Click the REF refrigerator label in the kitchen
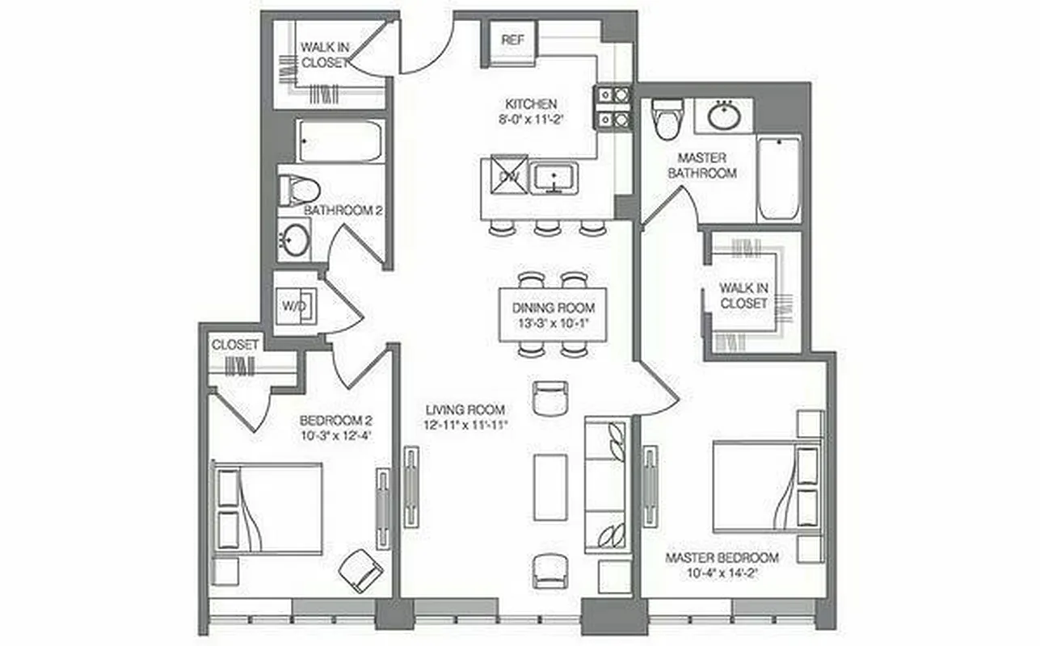pyautogui.click(x=511, y=40)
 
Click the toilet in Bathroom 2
pyautogui.click(x=300, y=191)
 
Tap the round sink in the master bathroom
pyautogui.click(x=725, y=115)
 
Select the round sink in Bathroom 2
pyautogui.click(x=294, y=240)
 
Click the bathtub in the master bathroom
pyautogui.click(x=779, y=178)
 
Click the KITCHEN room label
pyautogui.click(x=531, y=104)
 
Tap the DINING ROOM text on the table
pyautogui.click(x=554, y=308)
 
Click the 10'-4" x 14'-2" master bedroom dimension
pyautogui.click(x=722, y=575)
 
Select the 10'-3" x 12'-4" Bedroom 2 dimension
pyautogui.click(x=335, y=437)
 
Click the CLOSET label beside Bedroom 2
pyautogui.click(x=235, y=345)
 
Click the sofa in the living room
pyautogui.click(x=605, y=484)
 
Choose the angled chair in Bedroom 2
pyautogui.click(x=360, y=570)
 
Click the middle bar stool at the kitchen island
pyautogui.click(x=547, y=228)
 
